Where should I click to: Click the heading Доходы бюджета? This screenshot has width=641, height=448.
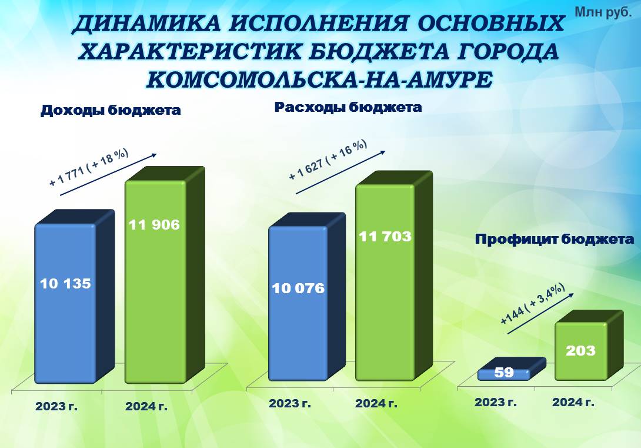[x=111, y=111]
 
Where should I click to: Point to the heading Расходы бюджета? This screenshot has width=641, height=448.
[x=348, y=107]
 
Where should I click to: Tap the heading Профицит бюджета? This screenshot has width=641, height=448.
[x=555, y=240]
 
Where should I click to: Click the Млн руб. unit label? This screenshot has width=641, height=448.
[x=603, y=12]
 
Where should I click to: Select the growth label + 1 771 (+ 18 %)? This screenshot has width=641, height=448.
[x=89, y=167]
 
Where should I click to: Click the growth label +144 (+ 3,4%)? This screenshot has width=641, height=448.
[x=533, y=304]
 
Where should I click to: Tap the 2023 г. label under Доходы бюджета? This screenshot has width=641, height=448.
[x=56, y=406]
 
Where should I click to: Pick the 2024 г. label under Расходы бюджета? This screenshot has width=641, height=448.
[x=376, y=403]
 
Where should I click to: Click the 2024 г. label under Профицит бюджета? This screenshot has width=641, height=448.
[x=573, y=402]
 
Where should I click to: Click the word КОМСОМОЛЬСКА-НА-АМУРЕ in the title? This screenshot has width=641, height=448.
[x=319, y=79]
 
